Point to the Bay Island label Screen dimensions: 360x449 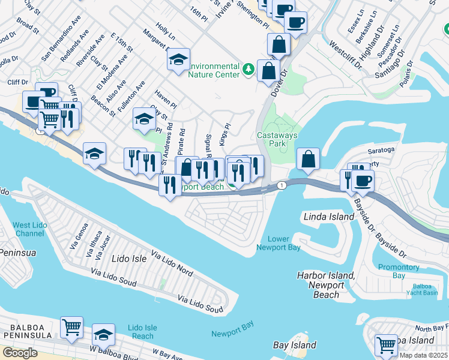[294, 345]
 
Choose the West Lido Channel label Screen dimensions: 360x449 [28, 229]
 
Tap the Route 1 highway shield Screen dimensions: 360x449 [282, 186]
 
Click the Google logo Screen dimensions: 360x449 [20, 353]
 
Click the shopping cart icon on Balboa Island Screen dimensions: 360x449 [386, 345]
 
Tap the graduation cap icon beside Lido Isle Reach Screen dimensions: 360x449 [104, 333]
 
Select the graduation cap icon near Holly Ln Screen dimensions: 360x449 [178, 60]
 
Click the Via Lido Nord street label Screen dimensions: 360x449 [172, 263]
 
